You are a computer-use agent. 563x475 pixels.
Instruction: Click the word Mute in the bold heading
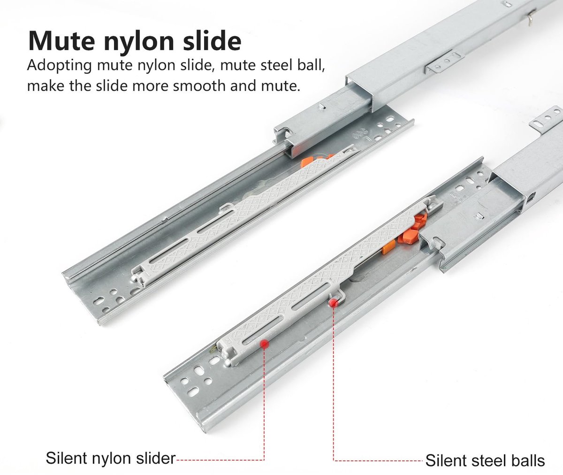pos(61,41)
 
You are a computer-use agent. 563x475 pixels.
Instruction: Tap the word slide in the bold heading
pos(212,40)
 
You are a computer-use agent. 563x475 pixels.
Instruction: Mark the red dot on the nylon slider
pos(265,344)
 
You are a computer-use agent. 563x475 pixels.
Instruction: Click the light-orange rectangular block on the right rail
pos(388,247)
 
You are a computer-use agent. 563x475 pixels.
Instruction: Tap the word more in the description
pos(151,86)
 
